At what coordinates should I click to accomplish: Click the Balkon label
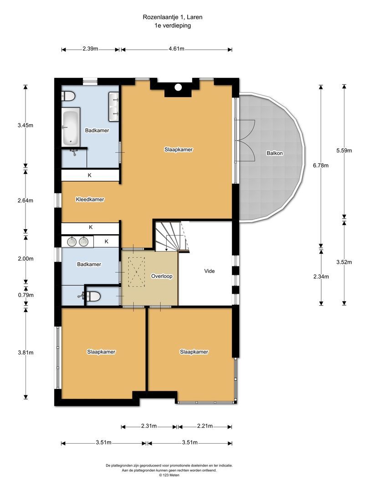click(275, 153)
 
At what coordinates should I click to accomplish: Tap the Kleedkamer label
click(90, 199)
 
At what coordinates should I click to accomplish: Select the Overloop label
click(162, 276)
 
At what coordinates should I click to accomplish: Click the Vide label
click(209, 271)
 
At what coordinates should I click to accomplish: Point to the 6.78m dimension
click(321, 165)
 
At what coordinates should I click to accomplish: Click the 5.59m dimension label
click(344, 151)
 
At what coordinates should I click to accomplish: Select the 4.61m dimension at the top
click(176, 49)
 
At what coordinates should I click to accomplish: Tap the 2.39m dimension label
click(90, 49)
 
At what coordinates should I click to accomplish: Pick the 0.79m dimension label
click(26, 295)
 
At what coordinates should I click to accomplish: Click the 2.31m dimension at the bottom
click(149, 426)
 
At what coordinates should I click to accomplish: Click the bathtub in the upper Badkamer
click(71, 127)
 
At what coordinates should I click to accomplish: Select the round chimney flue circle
click(178, 87)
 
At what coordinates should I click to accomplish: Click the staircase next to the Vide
click(172, 236)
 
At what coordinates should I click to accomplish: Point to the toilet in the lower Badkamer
click(93, 296)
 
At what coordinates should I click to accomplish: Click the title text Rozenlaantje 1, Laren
click(173, 17)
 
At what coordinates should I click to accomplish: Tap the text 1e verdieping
click(173, 26)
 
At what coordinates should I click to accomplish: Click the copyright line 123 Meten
click(169, 475)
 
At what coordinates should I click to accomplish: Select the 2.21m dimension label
click(205, 426)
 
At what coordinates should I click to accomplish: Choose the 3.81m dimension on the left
click(26, 353)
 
